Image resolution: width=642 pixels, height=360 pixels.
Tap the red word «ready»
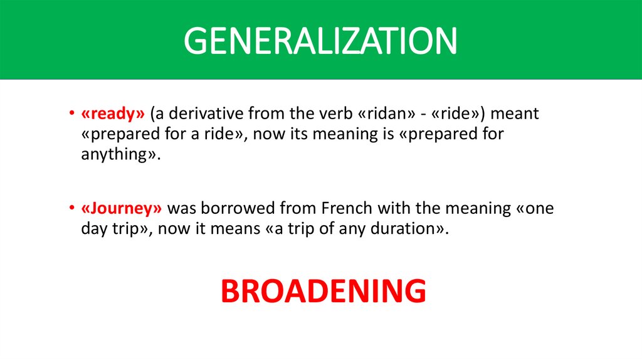click(x=113, y=114)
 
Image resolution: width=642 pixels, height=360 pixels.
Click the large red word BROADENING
click(x=324, y=290)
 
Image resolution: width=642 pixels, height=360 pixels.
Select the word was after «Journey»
click(x=181, y=208)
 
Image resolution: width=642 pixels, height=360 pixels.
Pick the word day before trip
click(x=95, y=228)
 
